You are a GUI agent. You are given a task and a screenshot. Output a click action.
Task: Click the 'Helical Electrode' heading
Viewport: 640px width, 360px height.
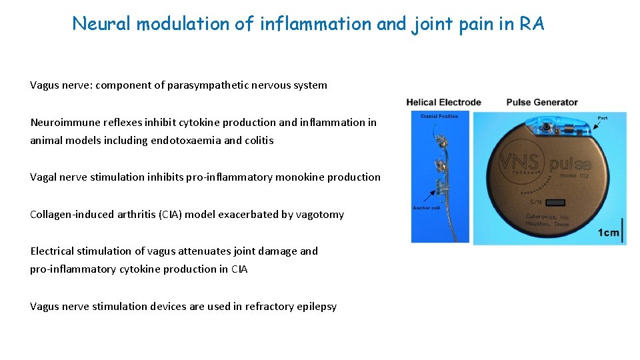pos(443,102)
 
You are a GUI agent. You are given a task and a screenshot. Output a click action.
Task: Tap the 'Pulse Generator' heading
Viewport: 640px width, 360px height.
pos(542,102)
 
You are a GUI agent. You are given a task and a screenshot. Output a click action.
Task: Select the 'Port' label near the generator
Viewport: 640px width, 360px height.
pos(602,118)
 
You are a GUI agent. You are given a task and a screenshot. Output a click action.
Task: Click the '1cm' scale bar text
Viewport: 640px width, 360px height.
pos(607,233)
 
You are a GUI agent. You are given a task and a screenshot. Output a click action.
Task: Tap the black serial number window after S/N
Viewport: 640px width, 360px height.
pos(557,200)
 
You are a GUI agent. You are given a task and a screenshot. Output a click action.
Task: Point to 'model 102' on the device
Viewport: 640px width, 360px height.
pos(569,174)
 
